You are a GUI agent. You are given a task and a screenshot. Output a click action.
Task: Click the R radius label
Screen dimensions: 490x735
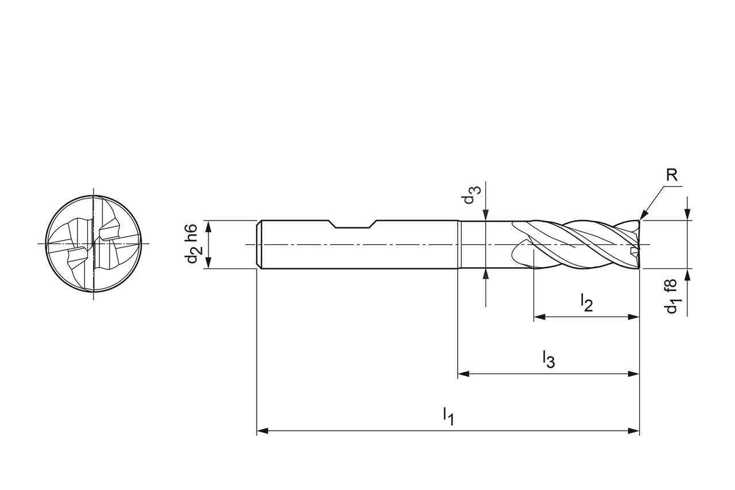pyautogui.click(x=672, y=176)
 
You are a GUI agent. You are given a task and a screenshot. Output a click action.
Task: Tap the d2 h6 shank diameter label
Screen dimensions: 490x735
pyautogui.click(x=192, y=244)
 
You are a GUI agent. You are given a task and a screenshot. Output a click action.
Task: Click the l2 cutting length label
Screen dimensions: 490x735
pyautogui.click(x=586, y=303)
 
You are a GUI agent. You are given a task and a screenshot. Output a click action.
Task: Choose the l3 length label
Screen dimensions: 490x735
pyautogui.click(x=548, y=360)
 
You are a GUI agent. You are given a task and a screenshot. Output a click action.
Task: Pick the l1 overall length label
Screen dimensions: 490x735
pyautogui.click(x=448, y=416)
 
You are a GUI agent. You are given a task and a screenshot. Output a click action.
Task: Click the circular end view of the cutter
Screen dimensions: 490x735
pyautogui.click(x=93, y=244)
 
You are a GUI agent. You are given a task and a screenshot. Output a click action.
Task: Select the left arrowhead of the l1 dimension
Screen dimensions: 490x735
pyautogui.click(x=262, y=431)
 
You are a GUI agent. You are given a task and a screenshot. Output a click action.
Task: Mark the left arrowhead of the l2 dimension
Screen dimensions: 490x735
pyautogui.click(x=540, y=317)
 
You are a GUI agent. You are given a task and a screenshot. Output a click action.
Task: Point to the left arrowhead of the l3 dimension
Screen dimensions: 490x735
pyautogui.click(x=463, y=374)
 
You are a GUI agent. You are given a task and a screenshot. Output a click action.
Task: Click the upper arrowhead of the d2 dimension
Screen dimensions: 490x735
pyautogui.click(x=208, y=226)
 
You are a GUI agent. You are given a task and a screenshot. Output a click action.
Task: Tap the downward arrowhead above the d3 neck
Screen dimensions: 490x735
pyautogui.click(x=486, y=215)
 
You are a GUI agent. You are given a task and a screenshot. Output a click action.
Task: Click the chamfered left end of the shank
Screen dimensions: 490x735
pyautogui.click(x=260, y=244)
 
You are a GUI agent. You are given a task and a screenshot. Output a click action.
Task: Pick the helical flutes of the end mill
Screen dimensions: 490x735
pyautogui.click(x=580, y=244)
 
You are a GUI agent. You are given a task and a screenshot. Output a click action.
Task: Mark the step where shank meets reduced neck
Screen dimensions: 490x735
pyautogui.click(x=459, y=244)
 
